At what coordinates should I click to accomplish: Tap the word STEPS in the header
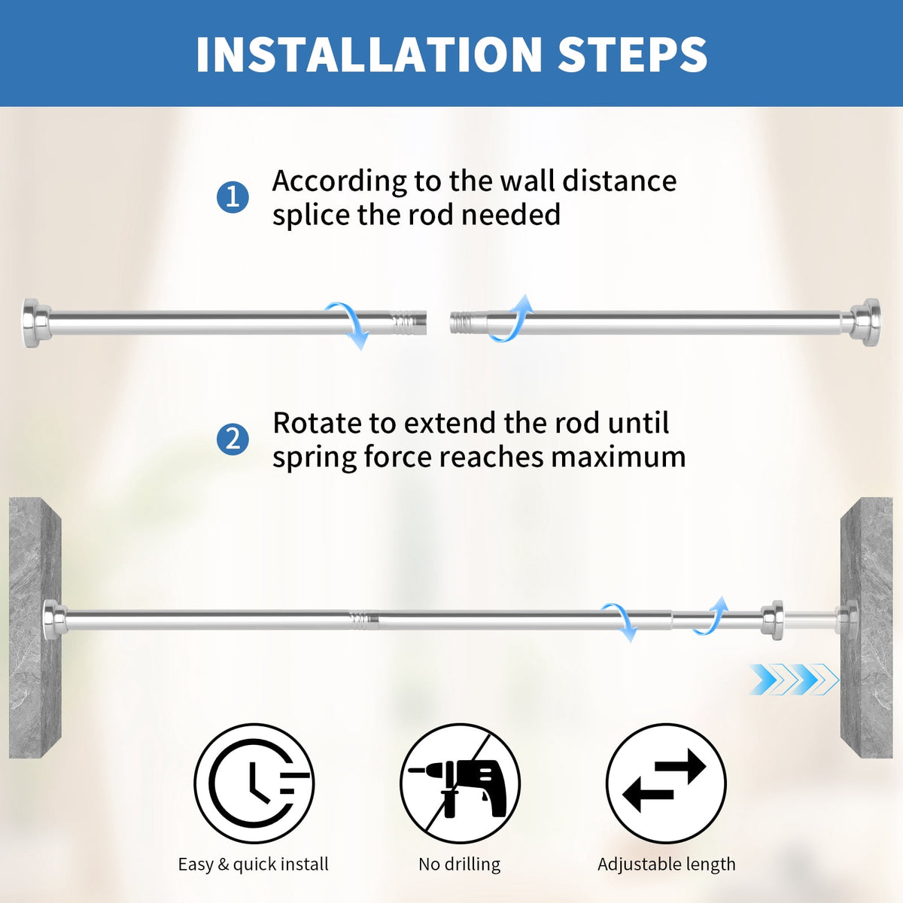(x=633, y=54)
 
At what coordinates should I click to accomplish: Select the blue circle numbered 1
(x=233, y=197)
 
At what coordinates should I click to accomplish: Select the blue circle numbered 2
(x=233, y=439)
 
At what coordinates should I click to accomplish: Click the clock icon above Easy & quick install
(x=254, y=783)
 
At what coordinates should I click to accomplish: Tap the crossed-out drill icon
(x=460, y=783)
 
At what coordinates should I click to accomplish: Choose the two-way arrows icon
(x=666, y=783)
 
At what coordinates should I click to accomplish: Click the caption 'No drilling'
(x=460, y=864)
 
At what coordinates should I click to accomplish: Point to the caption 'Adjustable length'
(x=667, y=864)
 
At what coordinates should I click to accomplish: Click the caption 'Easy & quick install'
(x=254, y=864)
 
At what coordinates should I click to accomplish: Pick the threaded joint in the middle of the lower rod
(x=364, y=620)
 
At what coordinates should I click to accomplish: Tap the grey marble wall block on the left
(x=35, y=628)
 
